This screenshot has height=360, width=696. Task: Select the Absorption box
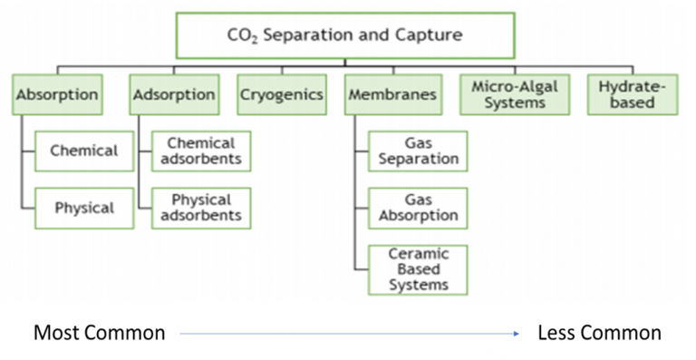click(x=57, y=94)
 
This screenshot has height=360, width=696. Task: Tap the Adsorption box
click(x=174, y=94)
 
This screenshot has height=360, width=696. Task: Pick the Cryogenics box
click(x=282, y=94)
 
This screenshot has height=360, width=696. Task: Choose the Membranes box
click(x=392, y=94)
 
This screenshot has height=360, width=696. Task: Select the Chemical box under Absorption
click(x=84, y=151)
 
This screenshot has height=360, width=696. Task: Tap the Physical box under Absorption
click(x=84, y=208)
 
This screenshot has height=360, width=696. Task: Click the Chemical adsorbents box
click(x=201, y=151)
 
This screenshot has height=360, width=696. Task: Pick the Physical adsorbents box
click(x=201, y=208)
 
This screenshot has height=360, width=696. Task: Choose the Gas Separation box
click(x=419, y=151)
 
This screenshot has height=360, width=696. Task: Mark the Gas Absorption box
click(x=419, y=208)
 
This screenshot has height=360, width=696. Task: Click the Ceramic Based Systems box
click(x=419, y=269)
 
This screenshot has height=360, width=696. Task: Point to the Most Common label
click(x=100, y=333)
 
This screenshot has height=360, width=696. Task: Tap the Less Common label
click(x=600, y=333)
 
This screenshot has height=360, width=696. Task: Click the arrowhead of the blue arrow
click(x=517, y=334)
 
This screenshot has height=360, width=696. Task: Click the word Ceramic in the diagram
click(x=419, y=255)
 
